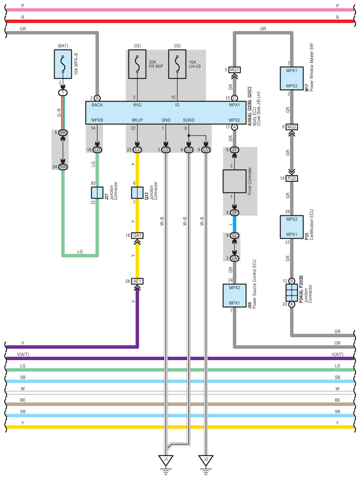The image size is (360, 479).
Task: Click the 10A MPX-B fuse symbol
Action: tap(63, 64)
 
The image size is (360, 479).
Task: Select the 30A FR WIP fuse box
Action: tap(137, 64)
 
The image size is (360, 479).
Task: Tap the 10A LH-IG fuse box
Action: tap(177, 64)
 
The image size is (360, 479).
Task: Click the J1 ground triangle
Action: tap(166, 460)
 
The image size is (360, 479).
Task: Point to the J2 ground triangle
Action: tap(206, 460)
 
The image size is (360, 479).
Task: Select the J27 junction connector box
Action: tap(97, 193)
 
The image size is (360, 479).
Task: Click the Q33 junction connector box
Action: tap(137, 193)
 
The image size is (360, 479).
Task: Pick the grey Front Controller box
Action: tap(234, 181)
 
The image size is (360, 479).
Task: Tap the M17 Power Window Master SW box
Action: tap(292, 78)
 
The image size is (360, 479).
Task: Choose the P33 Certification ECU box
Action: tap(292, 227)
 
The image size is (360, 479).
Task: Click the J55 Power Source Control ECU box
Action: tap(234, 295)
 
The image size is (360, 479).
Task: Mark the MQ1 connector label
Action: tap(234, 70)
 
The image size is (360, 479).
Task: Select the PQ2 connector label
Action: tap(292, 178)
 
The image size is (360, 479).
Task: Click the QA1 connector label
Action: tap(137, 235)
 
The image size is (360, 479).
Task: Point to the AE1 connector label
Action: tap(137, 281)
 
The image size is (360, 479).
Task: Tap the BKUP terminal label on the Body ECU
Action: tap(137, 120)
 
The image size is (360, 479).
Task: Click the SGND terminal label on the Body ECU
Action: tap(189, 120)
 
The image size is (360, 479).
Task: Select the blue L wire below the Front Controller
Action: tap(234, 224)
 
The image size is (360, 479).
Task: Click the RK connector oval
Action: tap(63, 133)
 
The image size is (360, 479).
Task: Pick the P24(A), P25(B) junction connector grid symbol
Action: tap(292, 293)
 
